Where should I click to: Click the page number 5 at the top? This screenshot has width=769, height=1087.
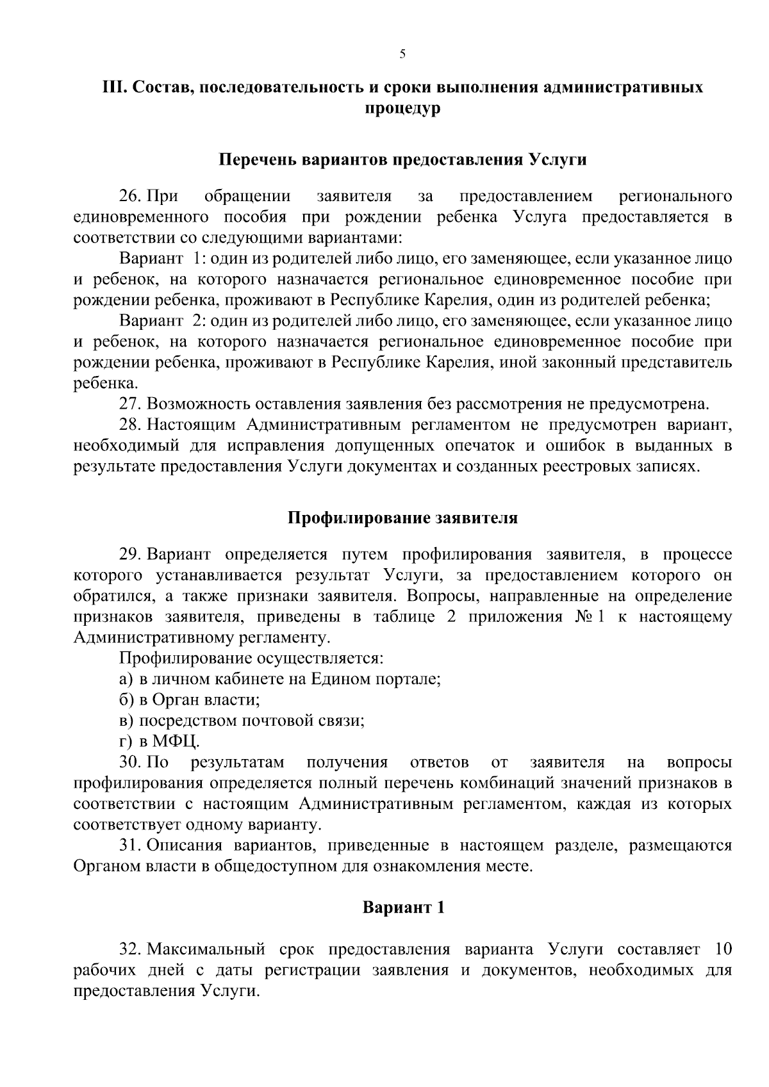pos(402,54)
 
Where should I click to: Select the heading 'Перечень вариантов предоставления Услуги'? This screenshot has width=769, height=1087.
pos(402,159)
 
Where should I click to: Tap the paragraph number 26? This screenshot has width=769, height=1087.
pos(131,195)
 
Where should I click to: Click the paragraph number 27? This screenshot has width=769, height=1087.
pos(131,404)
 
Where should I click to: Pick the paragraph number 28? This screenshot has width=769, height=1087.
pos(131,425)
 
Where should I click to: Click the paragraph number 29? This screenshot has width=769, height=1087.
pos(131,554)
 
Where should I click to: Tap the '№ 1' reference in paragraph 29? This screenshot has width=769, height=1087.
pos(588,617)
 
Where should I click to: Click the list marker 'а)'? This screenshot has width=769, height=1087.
pos(126,679)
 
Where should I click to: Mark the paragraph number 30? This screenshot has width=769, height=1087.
pos(131,762)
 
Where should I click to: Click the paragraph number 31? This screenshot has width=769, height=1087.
pos(131,846)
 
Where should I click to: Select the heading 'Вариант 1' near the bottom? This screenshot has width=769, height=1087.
pos(402,908)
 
